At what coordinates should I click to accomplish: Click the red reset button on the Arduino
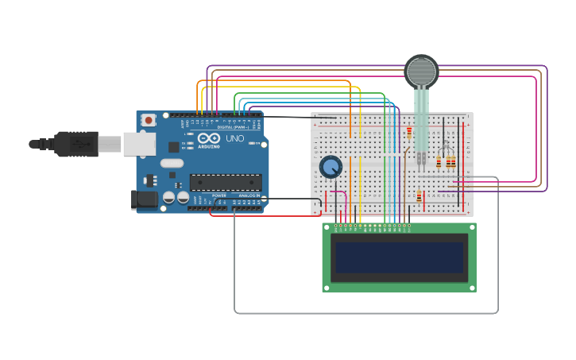[148, 120]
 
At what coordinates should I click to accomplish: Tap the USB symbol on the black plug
[79, 144]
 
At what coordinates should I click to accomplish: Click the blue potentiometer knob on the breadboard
[331, 167]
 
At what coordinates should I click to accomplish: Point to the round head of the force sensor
[421, 72]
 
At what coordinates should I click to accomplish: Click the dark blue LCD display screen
[399, 257]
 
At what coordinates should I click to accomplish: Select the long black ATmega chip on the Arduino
[225, 182]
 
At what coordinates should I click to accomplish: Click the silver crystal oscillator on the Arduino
[172, 164]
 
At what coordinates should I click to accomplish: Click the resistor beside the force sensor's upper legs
[410, 133]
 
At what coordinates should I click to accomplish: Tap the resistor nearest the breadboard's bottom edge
[419, 196]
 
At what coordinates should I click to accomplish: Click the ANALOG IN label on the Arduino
[249, 195]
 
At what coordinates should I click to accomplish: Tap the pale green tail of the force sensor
[421, 119]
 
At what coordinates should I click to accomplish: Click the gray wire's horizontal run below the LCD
[365, 313]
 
